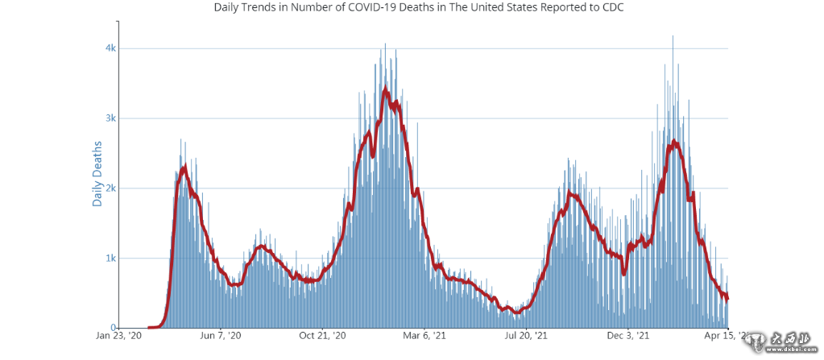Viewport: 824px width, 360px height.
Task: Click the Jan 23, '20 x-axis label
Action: (x=119, y=335)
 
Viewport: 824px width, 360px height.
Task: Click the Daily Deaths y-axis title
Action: (x=97, y=174)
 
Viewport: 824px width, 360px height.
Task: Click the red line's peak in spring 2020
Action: (x=185, y=167)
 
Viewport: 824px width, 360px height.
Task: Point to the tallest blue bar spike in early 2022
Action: (x=673, y=36)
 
